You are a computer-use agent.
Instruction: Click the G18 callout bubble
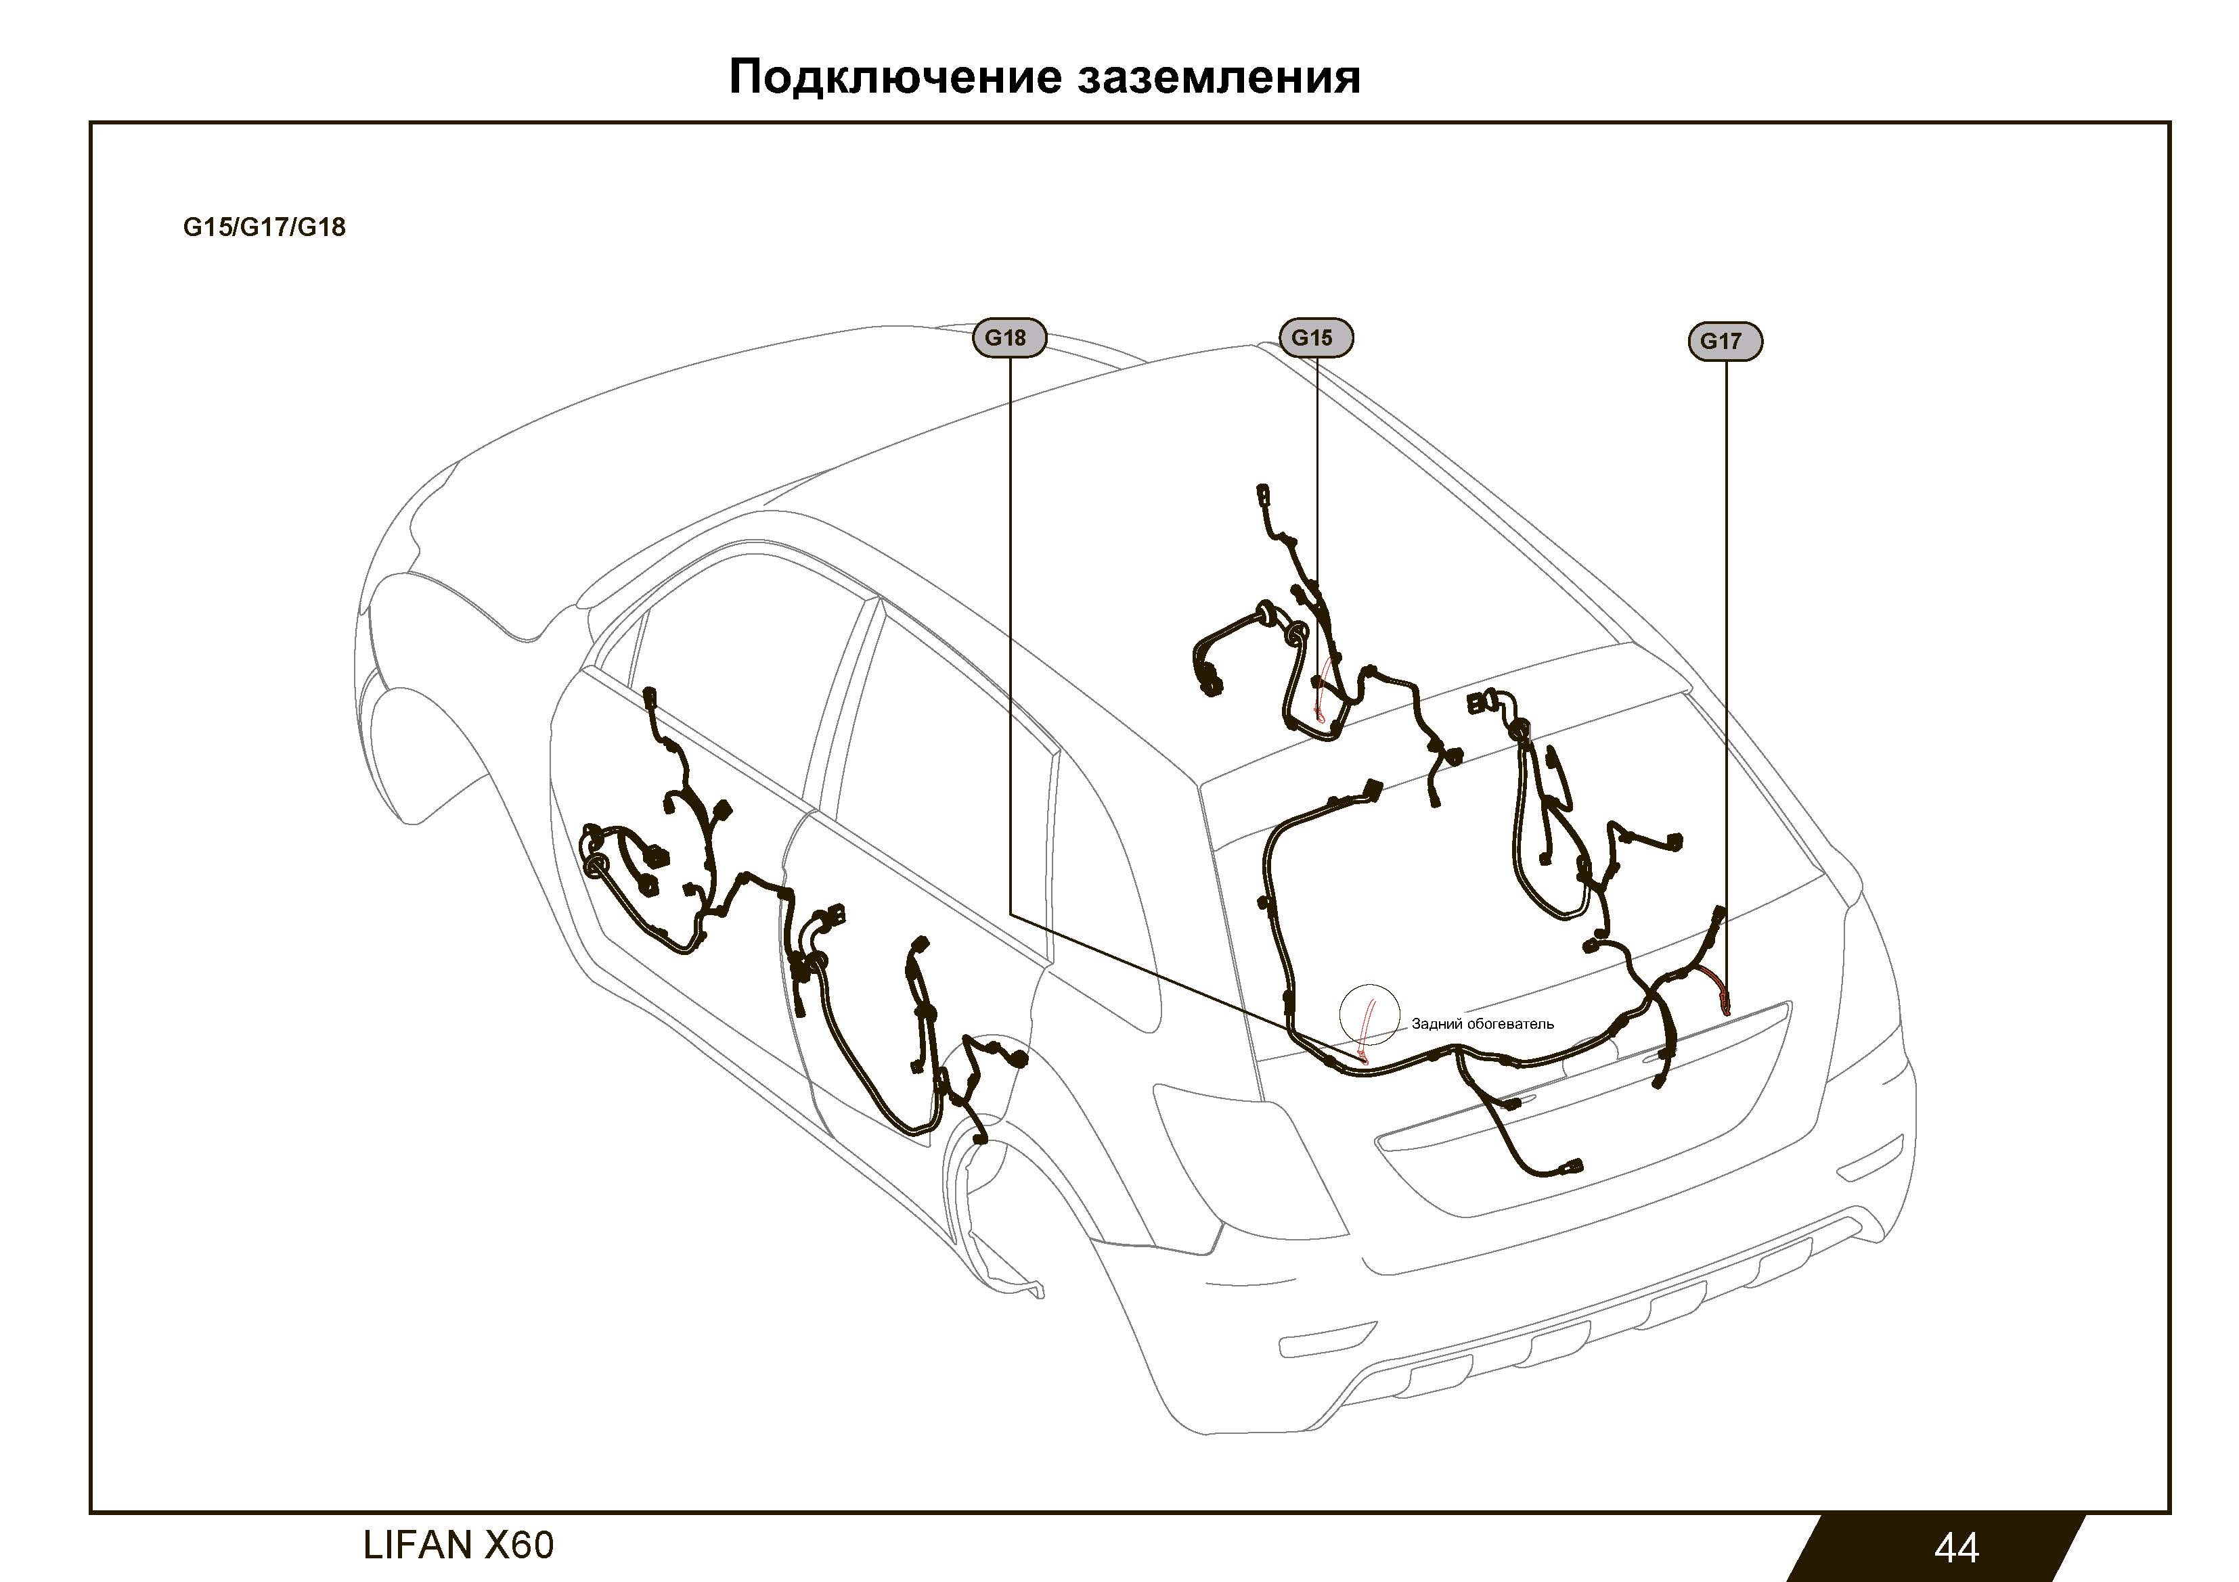1009,338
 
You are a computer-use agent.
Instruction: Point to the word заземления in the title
1219,78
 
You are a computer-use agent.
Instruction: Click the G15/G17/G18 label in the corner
264,227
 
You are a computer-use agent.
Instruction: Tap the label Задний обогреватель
1482,1023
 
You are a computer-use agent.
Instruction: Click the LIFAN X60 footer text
458,1545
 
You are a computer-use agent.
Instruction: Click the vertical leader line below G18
1009,636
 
